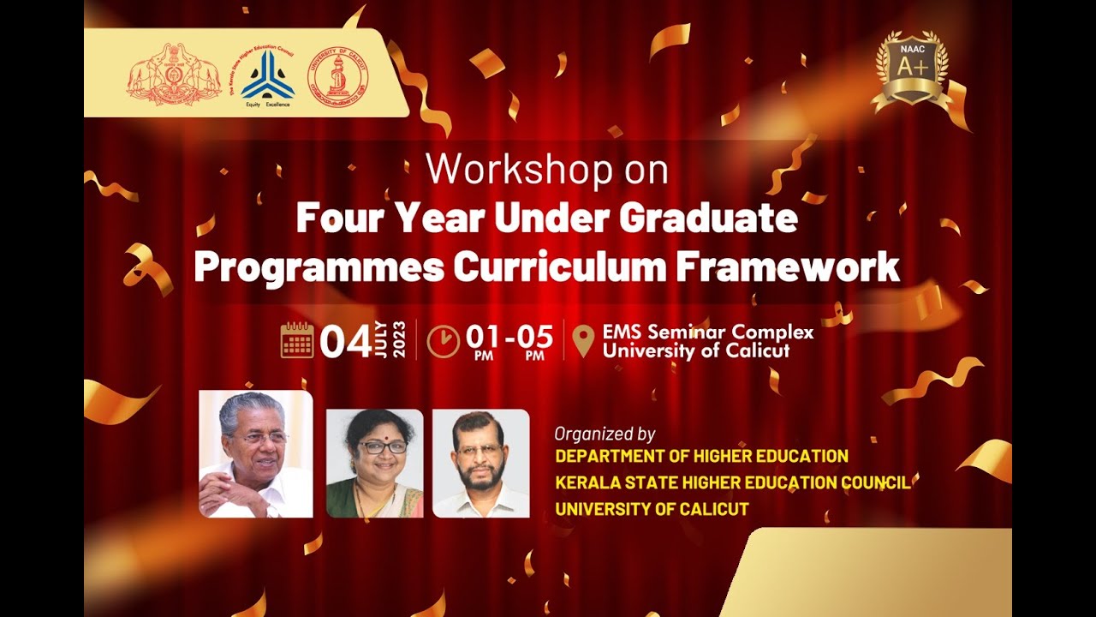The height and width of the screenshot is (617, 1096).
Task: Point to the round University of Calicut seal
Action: pos(337,75)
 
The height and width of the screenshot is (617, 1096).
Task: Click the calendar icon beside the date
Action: pos(297,340)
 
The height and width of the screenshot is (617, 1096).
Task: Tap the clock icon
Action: pos(443,341)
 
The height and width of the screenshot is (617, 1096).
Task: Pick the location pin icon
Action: pos(582,341)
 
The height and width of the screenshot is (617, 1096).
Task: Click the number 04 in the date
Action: pos(344,341)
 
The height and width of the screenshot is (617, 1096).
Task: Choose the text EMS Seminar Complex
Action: pos(707,332)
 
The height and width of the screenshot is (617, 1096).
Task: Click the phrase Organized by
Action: pos(605,434)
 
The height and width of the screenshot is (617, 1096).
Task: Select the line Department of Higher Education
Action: pos(701,456)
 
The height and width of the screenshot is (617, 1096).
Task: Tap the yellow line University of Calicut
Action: pos(652,509)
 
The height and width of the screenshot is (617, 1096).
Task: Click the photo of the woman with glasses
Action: pos(375,464)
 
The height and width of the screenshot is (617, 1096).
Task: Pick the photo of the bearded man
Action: pos(480,464)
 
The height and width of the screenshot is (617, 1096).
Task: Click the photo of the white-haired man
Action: pos(255,453)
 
